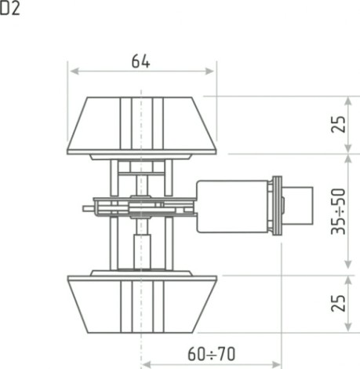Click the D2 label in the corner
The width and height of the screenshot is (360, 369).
[9, 8]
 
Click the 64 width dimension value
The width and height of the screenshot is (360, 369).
[140, 61]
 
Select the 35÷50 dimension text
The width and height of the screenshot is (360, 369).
[339, 211]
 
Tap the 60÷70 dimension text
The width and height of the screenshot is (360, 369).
[211, 353]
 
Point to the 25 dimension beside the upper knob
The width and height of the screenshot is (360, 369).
[339, 124]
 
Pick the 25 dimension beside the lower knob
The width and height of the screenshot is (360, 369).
[339, 303]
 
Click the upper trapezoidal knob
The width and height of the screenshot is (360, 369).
[142, 126]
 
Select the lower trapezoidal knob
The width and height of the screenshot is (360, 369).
[142, 304]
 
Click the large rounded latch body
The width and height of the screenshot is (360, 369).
[232, 206]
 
